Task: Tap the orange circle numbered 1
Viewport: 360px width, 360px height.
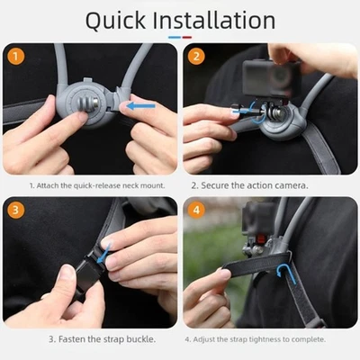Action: click(x=15, y=57)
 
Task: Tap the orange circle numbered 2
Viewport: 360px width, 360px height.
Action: click(x=197, y=57)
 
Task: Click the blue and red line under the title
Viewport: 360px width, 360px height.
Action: click(x=180, y=39)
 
